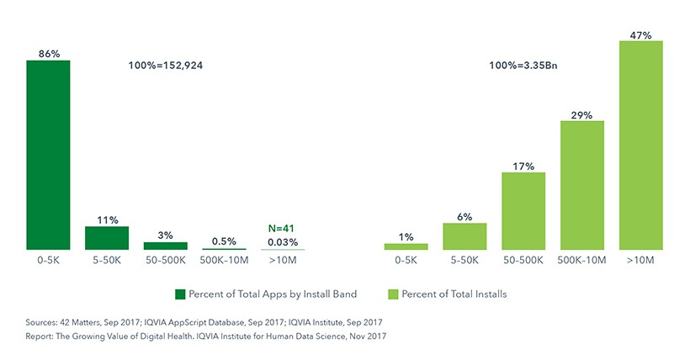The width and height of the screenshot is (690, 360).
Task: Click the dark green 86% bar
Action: (48, 155)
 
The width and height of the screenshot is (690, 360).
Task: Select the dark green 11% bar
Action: (107, 238)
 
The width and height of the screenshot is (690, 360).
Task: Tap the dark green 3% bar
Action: (166, 246)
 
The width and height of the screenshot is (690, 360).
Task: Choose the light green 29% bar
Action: (582, 185)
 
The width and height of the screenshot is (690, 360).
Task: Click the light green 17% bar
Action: (523, 211)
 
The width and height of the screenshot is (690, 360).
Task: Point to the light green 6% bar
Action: (464, 236)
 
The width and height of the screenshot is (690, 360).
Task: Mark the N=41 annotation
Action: (283, 228)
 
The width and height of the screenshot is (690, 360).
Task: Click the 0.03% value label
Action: (283, 241)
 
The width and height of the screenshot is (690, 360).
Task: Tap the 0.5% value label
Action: (224, 241)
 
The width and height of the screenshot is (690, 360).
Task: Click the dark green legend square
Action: (179, 294)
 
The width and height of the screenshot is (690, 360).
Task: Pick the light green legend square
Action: (393, 294)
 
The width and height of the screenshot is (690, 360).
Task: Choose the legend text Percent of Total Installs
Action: (454, 294)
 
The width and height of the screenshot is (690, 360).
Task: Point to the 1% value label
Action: (406, 237)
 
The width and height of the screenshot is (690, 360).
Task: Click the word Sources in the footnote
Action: (43, 322)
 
